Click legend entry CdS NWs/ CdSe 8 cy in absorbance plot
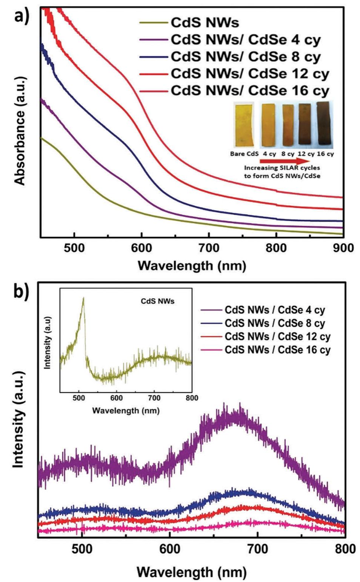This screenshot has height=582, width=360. (x=245, y=57)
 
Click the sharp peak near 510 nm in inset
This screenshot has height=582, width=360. (x=83, y=299)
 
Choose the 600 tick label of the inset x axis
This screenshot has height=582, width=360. (x=116, y=398)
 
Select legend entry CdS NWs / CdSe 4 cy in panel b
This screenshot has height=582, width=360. (x=274, y=310)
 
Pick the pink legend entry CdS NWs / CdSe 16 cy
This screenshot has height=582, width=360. (x=277, y=350)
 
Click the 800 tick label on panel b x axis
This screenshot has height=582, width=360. (x=345, y=548)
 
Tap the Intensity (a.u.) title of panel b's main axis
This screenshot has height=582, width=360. (x=18, y=419)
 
